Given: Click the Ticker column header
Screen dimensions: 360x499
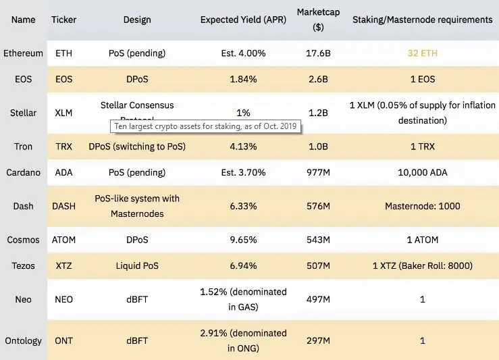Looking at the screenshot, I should pos(63,20).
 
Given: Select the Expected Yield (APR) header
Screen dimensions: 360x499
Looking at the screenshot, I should pos(243,20).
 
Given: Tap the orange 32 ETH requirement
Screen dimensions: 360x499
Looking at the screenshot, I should pos(423,53).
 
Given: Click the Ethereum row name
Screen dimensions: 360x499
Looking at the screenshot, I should pos(24,53).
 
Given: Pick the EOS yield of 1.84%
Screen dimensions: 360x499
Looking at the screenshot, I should pos(243,79).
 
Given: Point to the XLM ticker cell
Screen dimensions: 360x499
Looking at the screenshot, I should pos(63,113).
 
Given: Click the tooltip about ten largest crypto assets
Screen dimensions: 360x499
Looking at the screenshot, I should pos(205,126).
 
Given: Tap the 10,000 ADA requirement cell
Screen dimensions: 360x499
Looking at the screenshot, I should pos(423,172).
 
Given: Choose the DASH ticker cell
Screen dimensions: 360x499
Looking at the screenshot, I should pos(63,206).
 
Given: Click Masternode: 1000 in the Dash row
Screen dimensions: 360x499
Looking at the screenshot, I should pos(423,206).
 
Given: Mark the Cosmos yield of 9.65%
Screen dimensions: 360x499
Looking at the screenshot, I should pos(243,240).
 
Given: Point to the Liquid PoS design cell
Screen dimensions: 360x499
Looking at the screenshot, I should pos(137,265).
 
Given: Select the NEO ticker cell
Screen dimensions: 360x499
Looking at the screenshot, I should pos(63,299).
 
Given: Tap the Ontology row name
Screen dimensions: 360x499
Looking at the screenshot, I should pos(24,341).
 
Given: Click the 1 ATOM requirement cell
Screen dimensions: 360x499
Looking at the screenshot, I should pos(423,240).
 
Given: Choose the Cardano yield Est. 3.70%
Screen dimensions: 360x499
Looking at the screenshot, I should pos(243,172).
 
